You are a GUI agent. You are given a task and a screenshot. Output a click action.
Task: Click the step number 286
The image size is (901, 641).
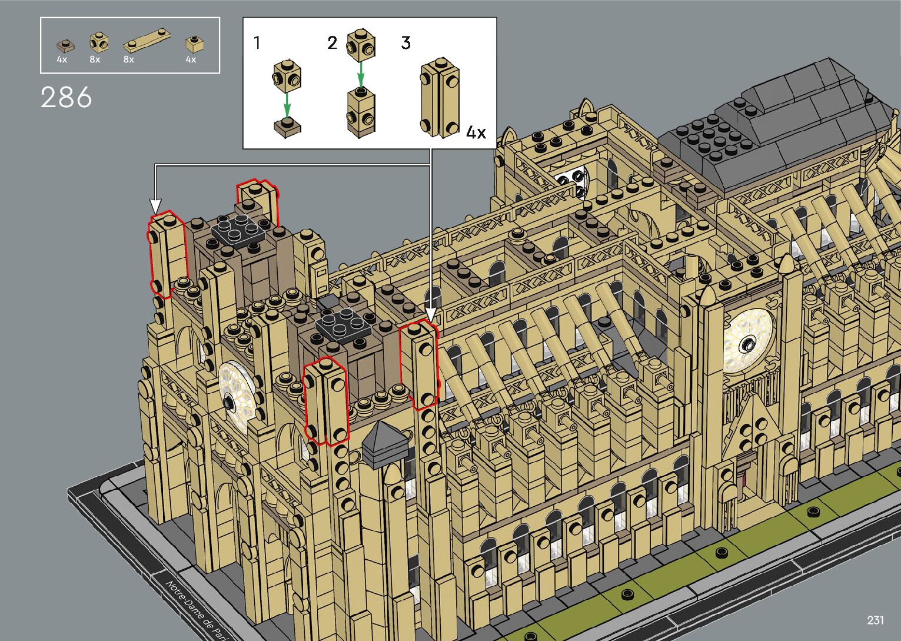pyautogui.click(x=66, y=97)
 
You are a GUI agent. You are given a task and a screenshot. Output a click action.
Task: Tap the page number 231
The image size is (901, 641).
pyautogui.click(x=875, y=620)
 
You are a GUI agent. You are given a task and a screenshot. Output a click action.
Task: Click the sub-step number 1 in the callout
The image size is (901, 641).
pyautogui.click(x=257, y=42)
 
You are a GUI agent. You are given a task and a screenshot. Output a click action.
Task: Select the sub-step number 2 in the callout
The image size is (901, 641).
pyautogui.click(x=333, y=42)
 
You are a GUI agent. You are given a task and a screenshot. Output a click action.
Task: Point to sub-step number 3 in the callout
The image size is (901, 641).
pyautogui.click(x=405, y=42)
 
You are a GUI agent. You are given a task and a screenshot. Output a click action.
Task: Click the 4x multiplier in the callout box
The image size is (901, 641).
pyautogui.click(x=476, y=132)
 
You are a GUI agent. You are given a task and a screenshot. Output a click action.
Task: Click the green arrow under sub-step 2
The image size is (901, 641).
pyautogui.click(x=361, y=75)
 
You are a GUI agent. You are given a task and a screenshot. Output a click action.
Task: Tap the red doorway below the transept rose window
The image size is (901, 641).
pyautogui.click(x=746, y=468)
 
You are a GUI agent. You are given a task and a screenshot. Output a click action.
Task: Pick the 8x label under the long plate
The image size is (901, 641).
pyautogui.click(x=128, y=59)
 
